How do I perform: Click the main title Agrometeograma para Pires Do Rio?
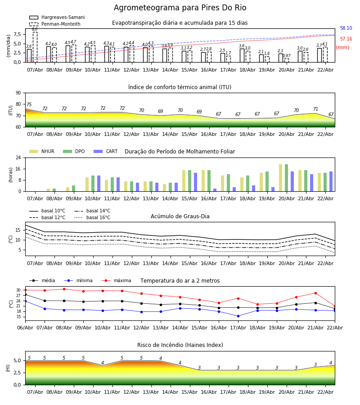[x=180, y=8]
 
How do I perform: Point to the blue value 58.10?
[x=346, y=28]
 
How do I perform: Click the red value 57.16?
[x=346, y=39]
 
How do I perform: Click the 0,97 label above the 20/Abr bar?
[x=287, y=56]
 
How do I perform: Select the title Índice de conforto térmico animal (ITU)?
[x=180, y=87]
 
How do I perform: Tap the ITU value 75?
[x=29, y=105]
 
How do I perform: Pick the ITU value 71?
[x=315, y=109]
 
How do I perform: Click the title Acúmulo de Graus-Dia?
[x=180, y=216]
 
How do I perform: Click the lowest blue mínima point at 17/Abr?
[x=238, y=316]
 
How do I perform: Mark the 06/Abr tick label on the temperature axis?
[x=25, y=327]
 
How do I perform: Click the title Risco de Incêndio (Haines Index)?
[x=180, y=345]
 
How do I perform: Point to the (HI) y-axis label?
[x=8, y=368]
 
